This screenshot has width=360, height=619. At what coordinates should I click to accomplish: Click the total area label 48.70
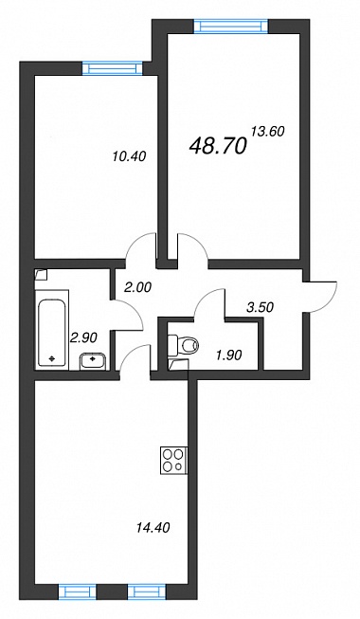pos(218,146)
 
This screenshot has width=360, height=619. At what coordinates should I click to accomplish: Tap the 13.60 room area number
pos(267,131)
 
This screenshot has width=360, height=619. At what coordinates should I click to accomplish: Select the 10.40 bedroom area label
pos(129,156)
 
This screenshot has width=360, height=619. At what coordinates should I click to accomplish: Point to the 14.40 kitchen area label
pos(153,527)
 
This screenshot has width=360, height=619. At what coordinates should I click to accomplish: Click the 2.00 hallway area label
pos(137,288)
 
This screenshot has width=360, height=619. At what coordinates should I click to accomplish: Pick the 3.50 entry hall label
pos(260,307)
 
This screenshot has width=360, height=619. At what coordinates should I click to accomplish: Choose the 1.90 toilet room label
pos(228,355)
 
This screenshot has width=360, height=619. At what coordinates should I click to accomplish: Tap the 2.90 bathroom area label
pos(83,337)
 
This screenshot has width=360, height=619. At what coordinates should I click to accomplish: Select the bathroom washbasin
pos(93,361)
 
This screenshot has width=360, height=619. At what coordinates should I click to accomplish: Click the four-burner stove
pos(174,461)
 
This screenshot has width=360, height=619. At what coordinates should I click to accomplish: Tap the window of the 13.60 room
pos(231,27)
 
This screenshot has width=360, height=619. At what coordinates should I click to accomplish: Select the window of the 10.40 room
pos(113,68)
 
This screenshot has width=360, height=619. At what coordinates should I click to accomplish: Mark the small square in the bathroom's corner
pos(41,274)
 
